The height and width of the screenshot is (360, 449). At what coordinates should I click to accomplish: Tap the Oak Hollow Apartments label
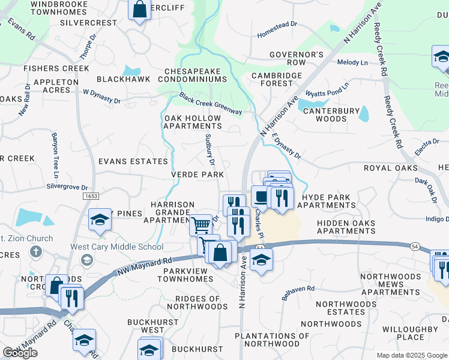[193, 122]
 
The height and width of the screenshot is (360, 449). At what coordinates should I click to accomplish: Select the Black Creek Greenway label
[210, 103]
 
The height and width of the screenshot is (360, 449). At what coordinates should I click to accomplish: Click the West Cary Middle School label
[117, 247]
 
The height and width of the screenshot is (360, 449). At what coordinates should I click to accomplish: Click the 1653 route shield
[91, 196]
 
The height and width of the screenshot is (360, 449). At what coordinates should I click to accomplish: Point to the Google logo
[20, 353]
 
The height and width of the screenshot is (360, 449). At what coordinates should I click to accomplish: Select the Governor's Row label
[296, 58]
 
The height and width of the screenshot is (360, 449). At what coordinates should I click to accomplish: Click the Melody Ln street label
[352, 62]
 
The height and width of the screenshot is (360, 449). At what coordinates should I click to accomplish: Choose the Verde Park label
[197, 175]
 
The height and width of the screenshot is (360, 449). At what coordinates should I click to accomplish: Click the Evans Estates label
[133, 161]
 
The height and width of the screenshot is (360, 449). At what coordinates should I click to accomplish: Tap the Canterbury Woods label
[331, 115]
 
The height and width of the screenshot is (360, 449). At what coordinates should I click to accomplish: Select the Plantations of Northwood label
[264, 340]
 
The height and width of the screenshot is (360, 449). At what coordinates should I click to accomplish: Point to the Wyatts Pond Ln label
[327, 93]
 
